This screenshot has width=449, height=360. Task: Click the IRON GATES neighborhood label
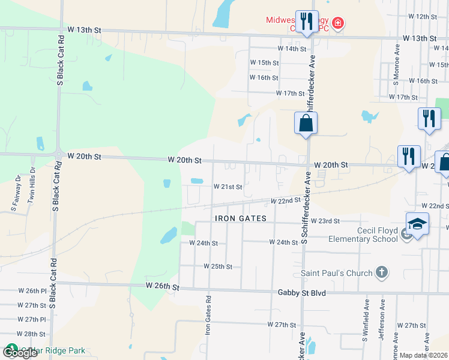[240, 219]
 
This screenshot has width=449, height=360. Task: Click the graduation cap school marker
[417, 224]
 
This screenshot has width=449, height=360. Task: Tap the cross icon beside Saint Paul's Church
[381, 273]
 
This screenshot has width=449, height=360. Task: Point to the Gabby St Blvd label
[301, 292]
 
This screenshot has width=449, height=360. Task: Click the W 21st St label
[228, 187]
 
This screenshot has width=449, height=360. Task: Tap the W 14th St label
[292, 48]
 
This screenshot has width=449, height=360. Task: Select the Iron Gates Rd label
[208, 315]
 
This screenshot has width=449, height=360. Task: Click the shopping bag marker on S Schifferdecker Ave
[306, 124]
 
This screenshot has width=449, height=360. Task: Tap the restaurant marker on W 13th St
[306, 22]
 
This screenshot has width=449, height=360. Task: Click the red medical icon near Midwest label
[339, 23]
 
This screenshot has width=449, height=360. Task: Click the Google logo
[19, 353]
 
